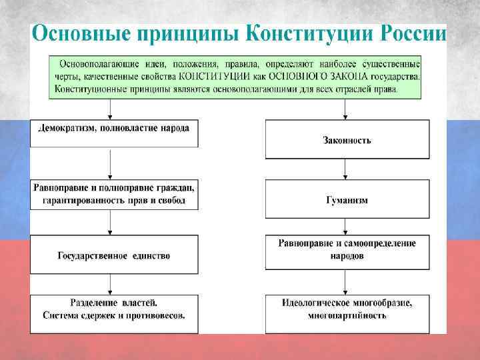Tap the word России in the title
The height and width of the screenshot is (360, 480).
tap(413, 34)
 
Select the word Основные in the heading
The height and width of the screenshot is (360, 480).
tap(77, 34)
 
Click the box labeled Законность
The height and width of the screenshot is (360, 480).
tap(347, 140)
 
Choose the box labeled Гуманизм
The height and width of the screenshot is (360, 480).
tap(347, 200)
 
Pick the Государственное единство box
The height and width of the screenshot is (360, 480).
tap(114, 255)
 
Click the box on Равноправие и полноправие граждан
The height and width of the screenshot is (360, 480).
tap(114, 193)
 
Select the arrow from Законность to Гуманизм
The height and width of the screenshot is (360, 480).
tap(344, 170)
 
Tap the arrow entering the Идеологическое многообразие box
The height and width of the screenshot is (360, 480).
tap(344, 284)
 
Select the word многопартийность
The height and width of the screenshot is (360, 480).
tap(347, 315)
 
